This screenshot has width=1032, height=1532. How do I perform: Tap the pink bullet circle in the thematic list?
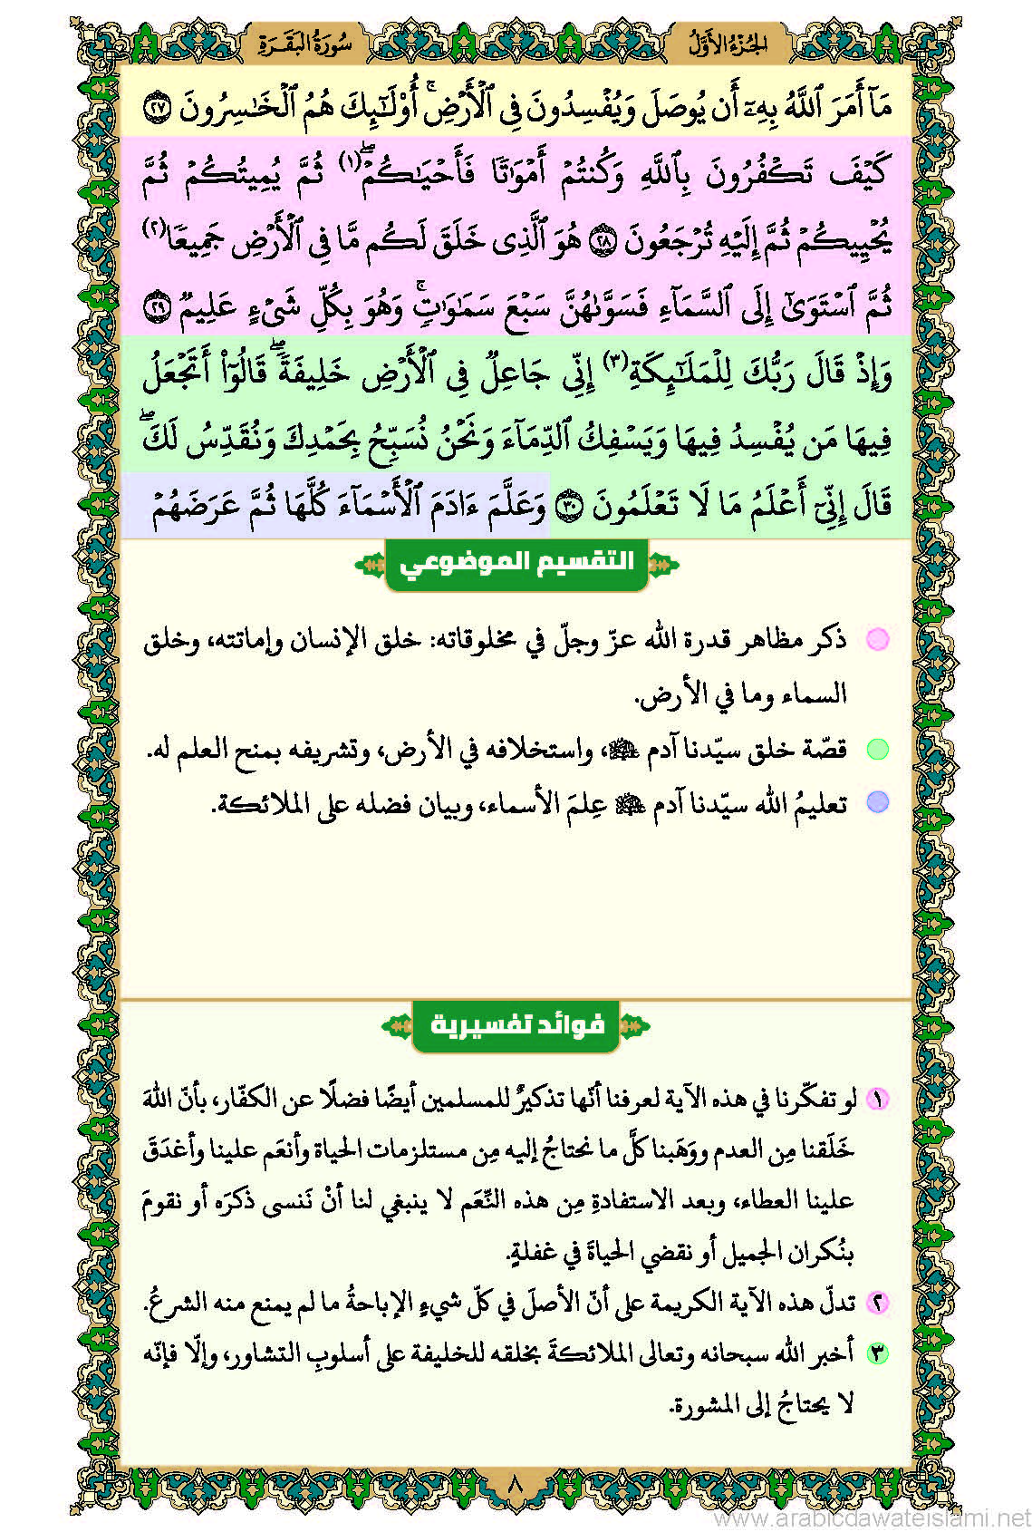tap(877, 639)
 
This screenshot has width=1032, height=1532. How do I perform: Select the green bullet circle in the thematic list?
tap(877, 749)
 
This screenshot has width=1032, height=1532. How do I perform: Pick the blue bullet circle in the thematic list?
tap(877, 802)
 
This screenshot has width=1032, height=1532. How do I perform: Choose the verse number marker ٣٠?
tap(568, 509)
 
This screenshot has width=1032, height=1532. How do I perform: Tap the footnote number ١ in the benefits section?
tap(877, 1100)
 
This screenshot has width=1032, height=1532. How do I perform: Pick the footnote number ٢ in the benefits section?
tap(877, 1303)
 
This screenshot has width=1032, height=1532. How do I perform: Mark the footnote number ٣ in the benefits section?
tap(877, 1353)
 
